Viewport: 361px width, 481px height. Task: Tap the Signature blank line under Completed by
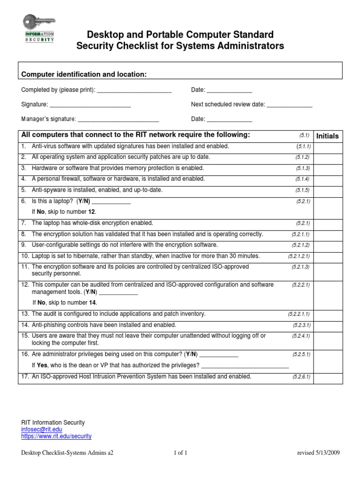(x=90, y=105)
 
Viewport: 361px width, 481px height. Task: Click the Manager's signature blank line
(x=118, y=119)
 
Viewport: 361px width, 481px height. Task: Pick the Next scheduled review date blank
(x=290, y=105)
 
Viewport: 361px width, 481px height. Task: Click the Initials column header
(x=328, y=136)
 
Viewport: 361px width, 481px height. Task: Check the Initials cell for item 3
(x=328, y=168)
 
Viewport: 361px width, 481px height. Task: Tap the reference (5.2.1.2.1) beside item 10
(x=299, y=256)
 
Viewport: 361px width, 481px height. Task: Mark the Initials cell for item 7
(x=328, y=223)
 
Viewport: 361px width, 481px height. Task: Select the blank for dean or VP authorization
(x=244, y=365)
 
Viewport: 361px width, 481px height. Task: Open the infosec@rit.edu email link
(x=41, y=429)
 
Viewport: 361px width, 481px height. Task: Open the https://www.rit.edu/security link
(x=56, y=436)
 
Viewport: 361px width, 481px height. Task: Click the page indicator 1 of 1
(x=180, y=453)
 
